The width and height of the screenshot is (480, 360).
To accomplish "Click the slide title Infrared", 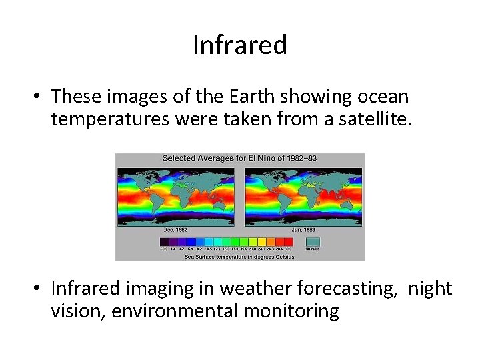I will click(x=240, y=45).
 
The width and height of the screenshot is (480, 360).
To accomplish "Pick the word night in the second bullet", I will click(x=430, y=288).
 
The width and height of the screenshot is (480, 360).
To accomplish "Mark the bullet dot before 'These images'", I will click(x=40, y=97).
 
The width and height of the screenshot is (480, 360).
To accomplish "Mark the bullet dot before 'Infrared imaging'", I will click(x=40, y=289).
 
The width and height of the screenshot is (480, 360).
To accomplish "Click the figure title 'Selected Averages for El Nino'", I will click(x=240, y=159).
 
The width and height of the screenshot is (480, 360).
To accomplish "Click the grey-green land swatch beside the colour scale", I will click(x=312, y=241).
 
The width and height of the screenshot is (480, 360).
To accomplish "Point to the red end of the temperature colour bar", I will click(x=288, y=241).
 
